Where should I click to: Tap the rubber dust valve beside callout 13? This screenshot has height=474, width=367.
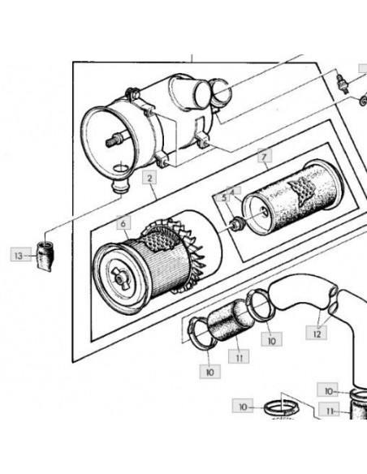click(x=45, y=256)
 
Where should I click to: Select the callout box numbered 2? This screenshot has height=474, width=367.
click(x=149, y=177)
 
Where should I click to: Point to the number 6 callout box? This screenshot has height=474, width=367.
click(x=123, y=223)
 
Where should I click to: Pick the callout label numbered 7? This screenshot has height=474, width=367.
click(x=265, y=156)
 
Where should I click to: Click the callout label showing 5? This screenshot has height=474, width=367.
click(x=224, y=198)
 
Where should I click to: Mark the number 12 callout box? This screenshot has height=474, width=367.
click(x=316, y=333)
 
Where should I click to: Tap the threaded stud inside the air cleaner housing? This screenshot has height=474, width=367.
click(x=114, y=140)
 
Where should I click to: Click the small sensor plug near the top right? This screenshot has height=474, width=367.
click(x=343, y=84)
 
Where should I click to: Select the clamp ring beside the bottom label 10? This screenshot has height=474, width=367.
click(x=281, y=408)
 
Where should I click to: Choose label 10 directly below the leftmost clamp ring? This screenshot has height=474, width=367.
click(x=209, y=372)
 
